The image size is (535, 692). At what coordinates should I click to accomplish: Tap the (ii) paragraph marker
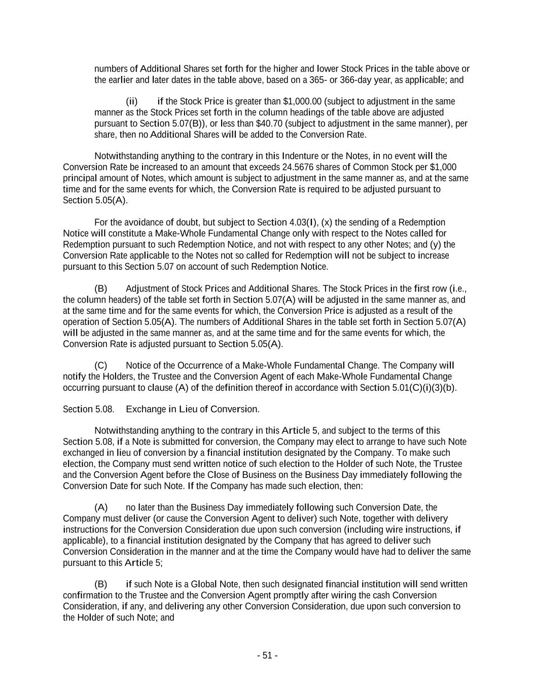pos(132,101)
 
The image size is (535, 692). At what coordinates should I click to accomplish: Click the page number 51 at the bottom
pos(267,655)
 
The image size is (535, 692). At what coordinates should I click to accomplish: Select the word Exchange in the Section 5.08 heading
pos(144,409)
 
